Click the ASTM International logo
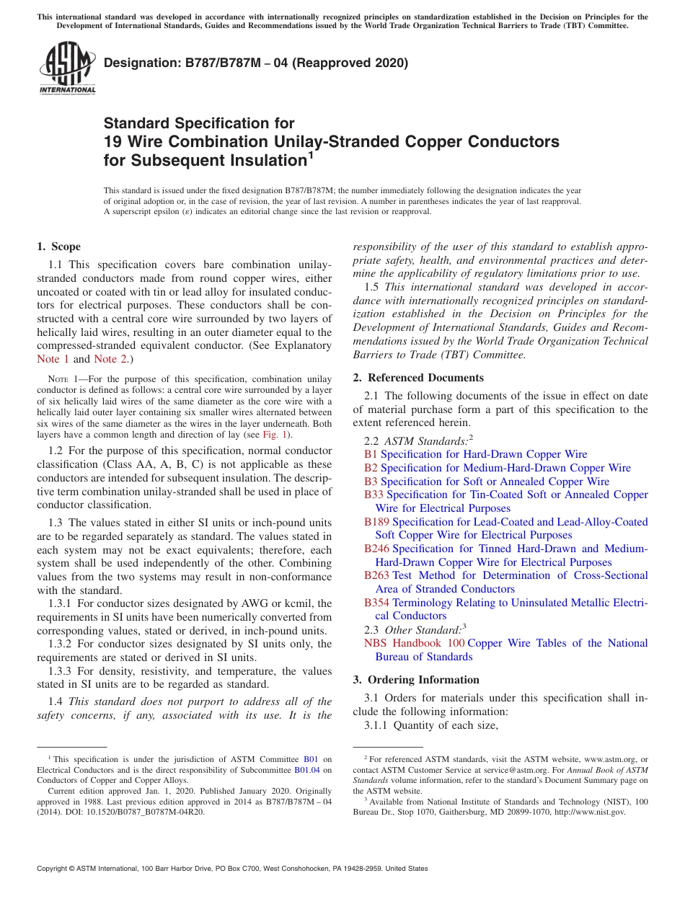[67, 68]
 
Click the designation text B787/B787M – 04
[255, 63]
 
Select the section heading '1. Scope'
[59, 247]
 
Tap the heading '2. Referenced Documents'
[418, 378]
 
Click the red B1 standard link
[371, 454]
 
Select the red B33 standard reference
[374, 495]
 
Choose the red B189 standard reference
[377, 522]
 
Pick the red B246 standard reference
[377, 549]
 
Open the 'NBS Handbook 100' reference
[414, 643]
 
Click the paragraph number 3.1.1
[376, 725]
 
